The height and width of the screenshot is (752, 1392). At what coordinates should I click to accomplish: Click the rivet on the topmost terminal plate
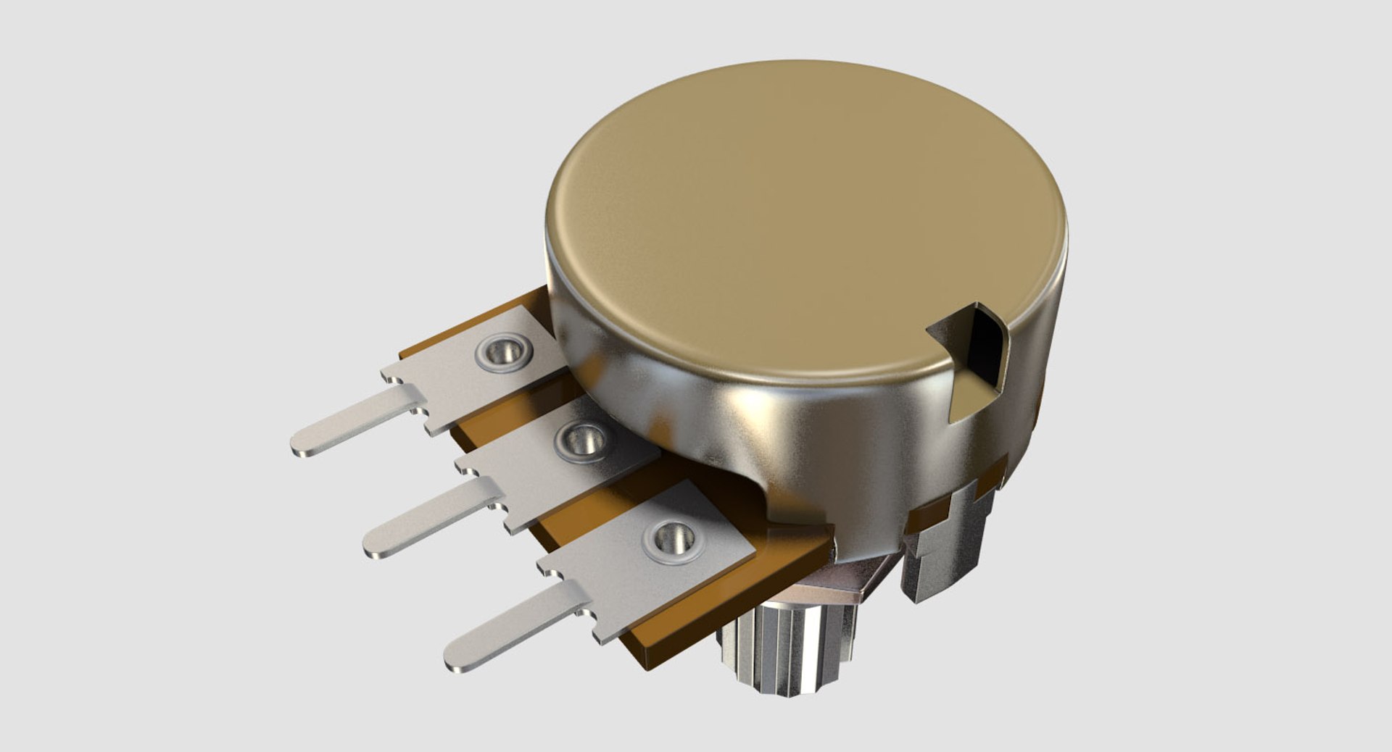tap(504, 353)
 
